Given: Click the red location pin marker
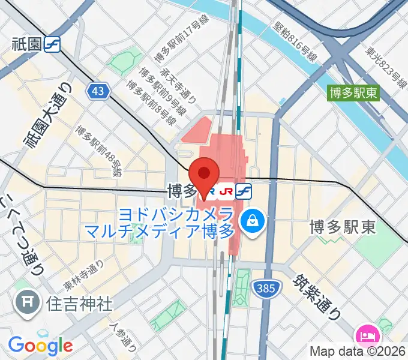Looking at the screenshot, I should click(x=204, y=175).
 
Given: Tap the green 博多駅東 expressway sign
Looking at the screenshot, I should click(x=355, y=92).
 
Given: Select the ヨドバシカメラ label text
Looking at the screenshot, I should click(x=184, y=214).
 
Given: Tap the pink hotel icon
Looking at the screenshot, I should click(x=366, y=335).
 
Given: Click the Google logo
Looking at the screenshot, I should click(x=40, y=345).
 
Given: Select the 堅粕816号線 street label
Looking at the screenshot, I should click(x=295, y=41).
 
